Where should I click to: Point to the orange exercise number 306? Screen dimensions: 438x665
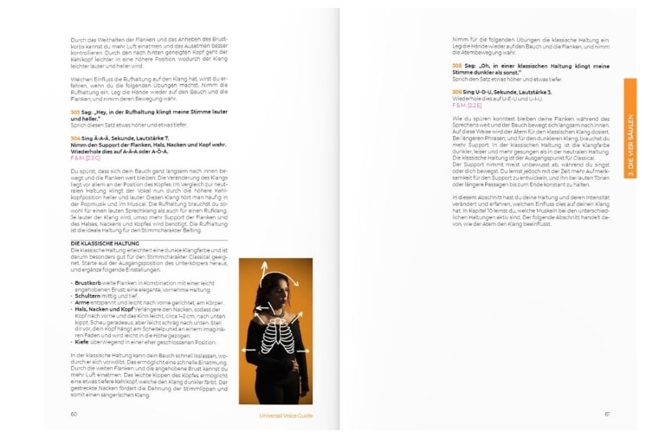click(456, 91)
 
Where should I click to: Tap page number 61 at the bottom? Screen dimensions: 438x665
click(607, 414)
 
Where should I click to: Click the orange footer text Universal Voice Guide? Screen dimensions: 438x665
click(287, 415)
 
